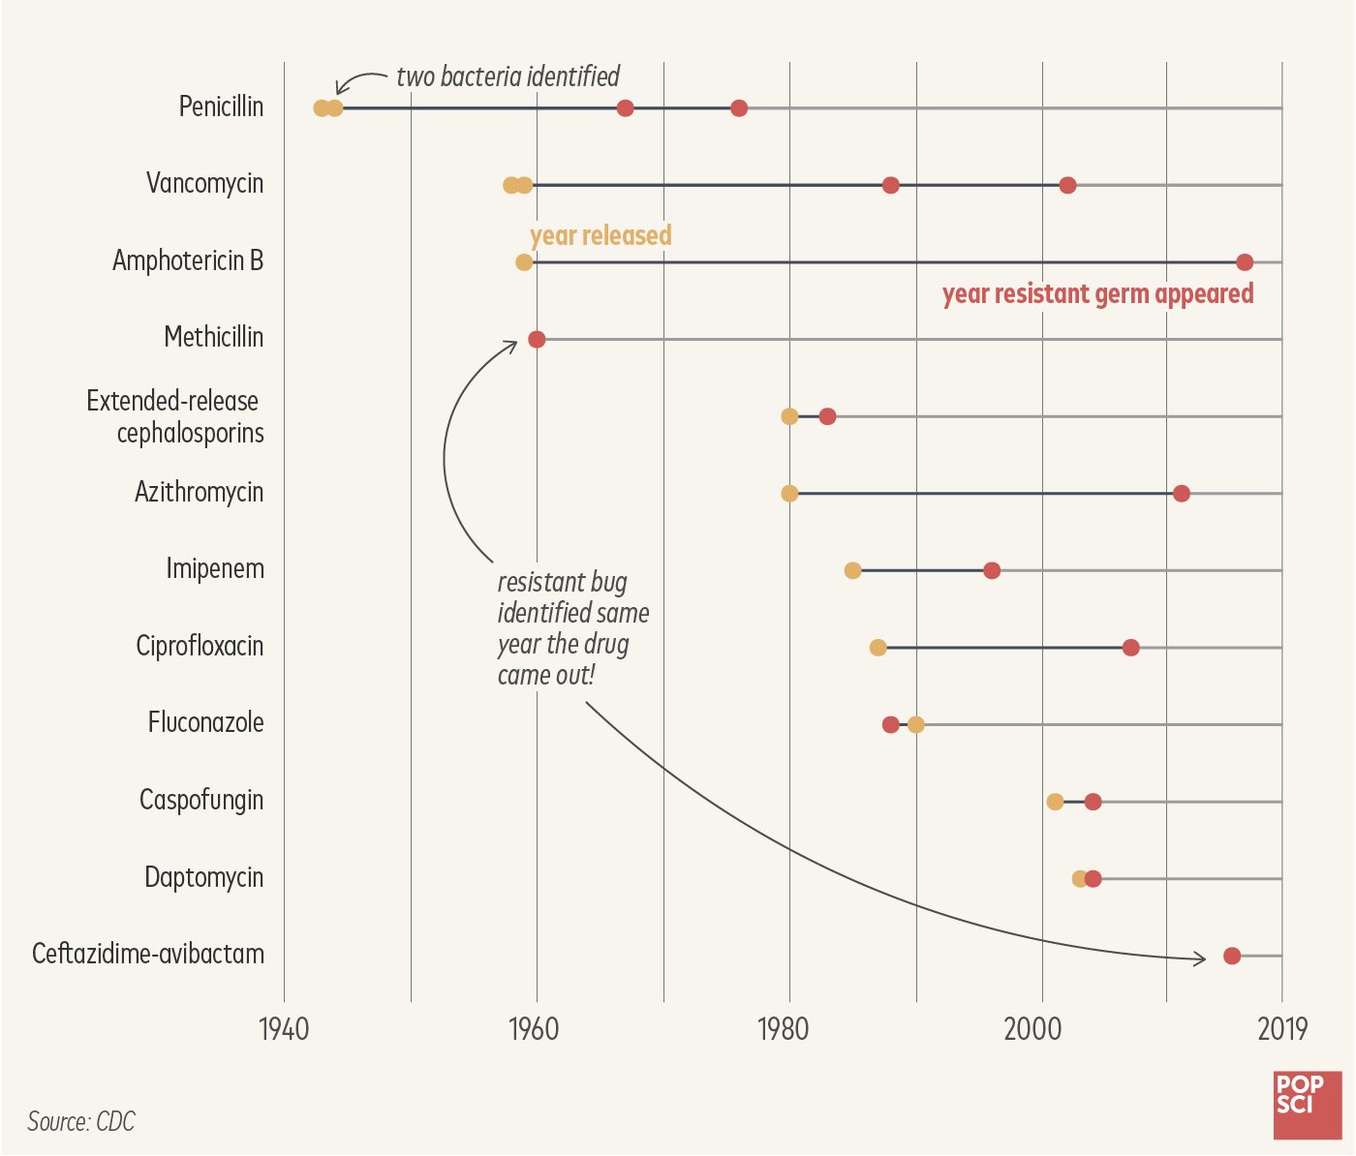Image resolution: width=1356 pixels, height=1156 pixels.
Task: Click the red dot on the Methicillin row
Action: [537, 340]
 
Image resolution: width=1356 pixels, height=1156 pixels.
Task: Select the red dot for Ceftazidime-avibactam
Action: [1232, 957]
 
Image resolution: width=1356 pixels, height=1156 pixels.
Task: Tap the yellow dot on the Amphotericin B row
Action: [524, 262]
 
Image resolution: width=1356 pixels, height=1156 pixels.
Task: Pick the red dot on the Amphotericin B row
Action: [1245, 262]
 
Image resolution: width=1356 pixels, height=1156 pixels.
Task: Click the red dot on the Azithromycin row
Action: [1182, 494]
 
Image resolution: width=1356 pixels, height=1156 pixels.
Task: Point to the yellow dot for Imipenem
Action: [852, 571]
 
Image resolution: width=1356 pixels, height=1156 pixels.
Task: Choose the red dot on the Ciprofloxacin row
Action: [1130, 648]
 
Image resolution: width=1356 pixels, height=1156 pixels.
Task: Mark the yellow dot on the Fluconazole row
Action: [916, 725]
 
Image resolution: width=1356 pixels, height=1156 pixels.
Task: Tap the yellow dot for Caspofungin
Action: [1055, 802]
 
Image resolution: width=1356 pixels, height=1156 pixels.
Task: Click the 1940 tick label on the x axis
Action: [284, 1029]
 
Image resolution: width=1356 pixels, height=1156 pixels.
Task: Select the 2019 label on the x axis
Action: [1282, 1029]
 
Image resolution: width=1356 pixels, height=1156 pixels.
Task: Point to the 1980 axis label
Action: [783, 1029]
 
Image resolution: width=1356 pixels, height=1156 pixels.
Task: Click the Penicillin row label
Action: [221, 106]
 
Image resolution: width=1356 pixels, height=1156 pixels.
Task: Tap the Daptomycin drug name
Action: [204, 877]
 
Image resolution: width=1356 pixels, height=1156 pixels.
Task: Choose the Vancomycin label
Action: [204, 183]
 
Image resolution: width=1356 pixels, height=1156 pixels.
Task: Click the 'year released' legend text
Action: [601, 235]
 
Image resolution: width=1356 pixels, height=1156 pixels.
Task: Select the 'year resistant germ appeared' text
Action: [1097, 293]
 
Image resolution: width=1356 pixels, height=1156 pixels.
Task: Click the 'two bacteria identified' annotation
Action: [508, 76]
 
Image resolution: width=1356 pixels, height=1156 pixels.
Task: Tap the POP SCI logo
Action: [1308, 1105]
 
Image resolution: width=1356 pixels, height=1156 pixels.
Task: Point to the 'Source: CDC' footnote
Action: [81, 1122]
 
